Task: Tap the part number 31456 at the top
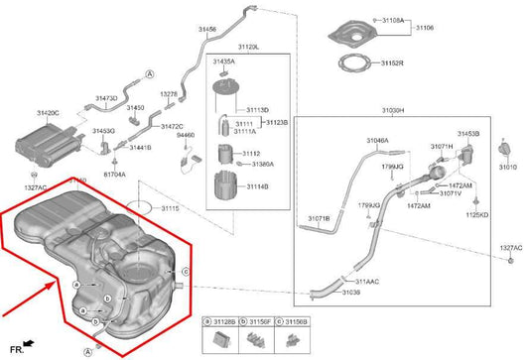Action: (x=206, y=30)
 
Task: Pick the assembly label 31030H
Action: (x=393, y=110)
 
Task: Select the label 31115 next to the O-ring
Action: (x=170, y=208)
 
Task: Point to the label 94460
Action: (x=186, y=135)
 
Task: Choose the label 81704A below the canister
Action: (x=114, y=174)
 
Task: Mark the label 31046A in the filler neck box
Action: (x=376, y=142)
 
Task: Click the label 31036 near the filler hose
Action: (x=350, y=293)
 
